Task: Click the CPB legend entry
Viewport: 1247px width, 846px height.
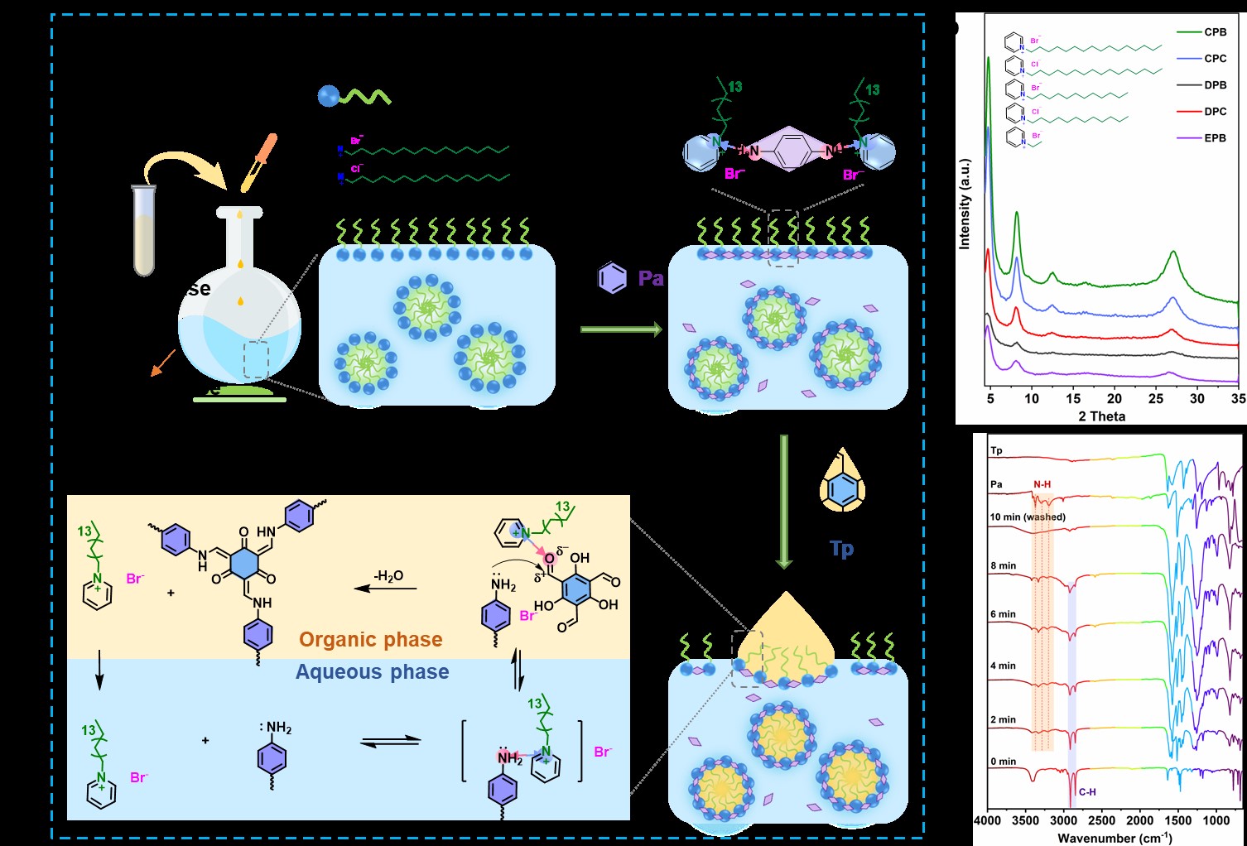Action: click(x=1215, y=32)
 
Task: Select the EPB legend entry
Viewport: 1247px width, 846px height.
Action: click(x=1215, y=138)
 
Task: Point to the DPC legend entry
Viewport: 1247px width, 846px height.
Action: click(x=1215, y=112)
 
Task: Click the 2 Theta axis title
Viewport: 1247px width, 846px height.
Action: click(x=1101, y=416)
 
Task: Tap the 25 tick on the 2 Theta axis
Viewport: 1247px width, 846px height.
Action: click(x=1156, y=399)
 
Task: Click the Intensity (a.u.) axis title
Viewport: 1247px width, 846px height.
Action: click(x=965, y=204)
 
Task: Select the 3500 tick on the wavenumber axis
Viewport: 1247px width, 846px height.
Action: click(x=1025, y=820)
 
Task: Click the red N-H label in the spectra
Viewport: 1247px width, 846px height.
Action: click(x=1042, y=485)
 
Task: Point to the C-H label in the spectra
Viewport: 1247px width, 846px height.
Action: click(x=1086, y=792)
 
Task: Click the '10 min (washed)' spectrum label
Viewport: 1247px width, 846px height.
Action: click(x=1028, y=517)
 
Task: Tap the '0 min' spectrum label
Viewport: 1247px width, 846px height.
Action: click(x=1003, y=761)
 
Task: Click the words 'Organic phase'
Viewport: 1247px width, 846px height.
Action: click(x=370, y=640)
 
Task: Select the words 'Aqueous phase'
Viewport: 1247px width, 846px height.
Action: click(x=372, y=672)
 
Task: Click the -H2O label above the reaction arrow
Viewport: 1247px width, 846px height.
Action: click(x=388, y=576)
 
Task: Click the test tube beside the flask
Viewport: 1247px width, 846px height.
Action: click(x=144, y=229)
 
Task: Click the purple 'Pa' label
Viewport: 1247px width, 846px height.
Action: click(x=651, y=279)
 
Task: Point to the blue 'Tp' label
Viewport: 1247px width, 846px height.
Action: click(x=841, y=549)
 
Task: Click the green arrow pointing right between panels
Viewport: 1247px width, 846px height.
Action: click(x=621, y=330)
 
